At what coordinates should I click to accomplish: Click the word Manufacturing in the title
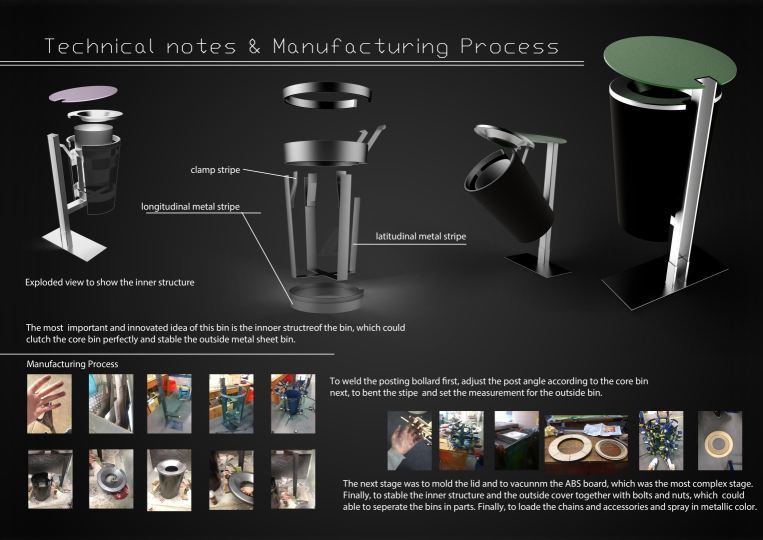(360, 47)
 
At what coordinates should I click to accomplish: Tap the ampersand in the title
(254, 47)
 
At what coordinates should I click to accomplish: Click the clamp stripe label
(215, 170)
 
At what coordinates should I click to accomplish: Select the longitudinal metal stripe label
(190, 207)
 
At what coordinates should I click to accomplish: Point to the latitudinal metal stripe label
(420, 236)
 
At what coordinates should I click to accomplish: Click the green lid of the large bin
(670, 61)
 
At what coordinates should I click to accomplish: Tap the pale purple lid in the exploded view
(83, 93)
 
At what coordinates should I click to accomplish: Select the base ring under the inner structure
(326, 297)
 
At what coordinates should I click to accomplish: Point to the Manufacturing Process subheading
(72, 364)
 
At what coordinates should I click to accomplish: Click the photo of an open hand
(49, 403)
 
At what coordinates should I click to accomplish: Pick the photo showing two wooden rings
(586, 441)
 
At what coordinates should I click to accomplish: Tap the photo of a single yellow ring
(720, 440)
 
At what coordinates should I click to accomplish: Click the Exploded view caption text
(109, 282)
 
